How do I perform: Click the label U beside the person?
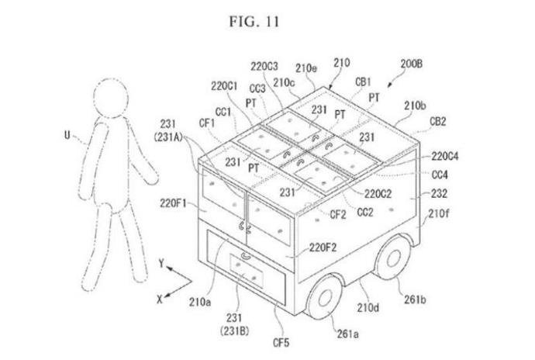point(67,135)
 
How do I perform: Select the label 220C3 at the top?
point(266,67)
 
